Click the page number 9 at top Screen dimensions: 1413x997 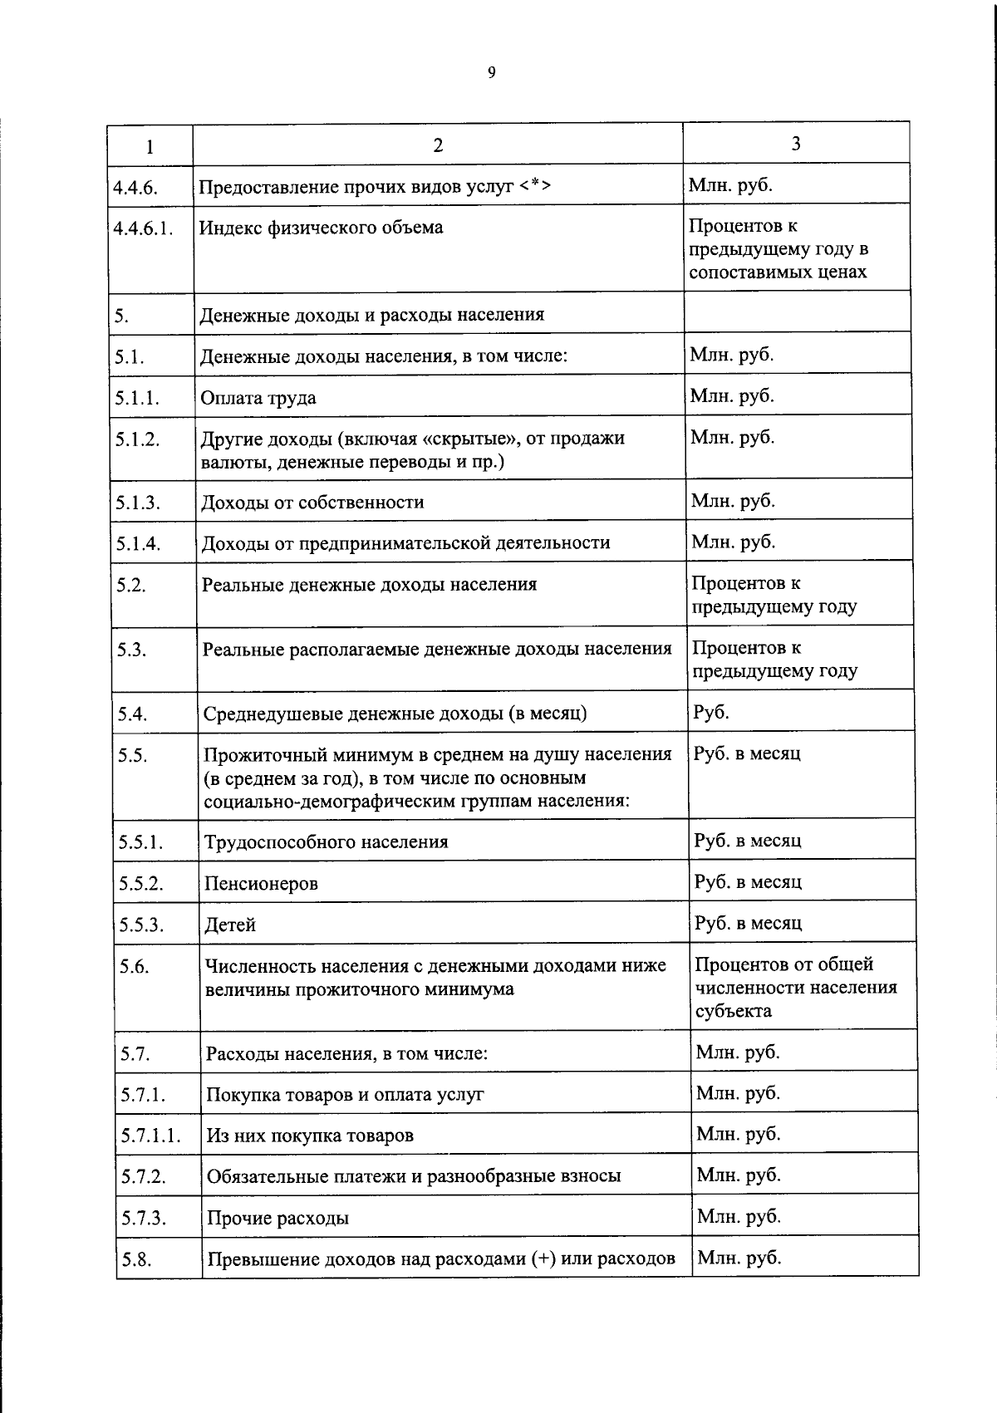coord(491,73)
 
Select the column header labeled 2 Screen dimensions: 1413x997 coord(438,145)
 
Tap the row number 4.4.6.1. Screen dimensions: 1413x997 coord(144,228)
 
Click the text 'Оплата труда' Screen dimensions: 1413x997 coord(258,398)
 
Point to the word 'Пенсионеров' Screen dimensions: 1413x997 coord(261,884)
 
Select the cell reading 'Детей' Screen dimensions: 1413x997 coord(230,925)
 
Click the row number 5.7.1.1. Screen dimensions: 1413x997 coord(151,1136)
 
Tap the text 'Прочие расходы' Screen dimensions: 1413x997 coord(277,1219)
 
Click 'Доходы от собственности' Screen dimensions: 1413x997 coord(312,503)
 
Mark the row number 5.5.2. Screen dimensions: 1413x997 coord(140,883)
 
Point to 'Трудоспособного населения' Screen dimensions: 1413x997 coord(327,842)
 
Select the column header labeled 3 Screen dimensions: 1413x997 coord(796,144)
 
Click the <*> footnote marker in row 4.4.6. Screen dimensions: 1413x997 coord(537,186)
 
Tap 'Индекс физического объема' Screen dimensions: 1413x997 coord(321,228)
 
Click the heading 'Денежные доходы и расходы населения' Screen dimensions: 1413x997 coord(372,315)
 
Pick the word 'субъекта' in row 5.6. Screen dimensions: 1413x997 coord(733,1011)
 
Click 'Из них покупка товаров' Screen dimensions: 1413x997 coord(310,1136)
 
